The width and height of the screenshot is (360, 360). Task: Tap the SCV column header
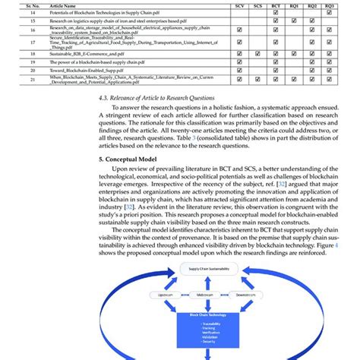click(239, 5)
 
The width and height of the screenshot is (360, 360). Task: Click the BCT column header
click(275, 5)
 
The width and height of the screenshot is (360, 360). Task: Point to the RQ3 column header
click(328, 5)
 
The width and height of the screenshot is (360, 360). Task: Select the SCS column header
click(257, 5)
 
